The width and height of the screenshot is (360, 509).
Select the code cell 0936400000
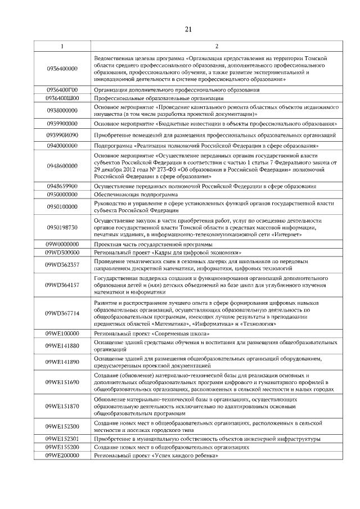tap(62, 69)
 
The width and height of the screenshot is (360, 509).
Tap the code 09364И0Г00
tap(62, 89)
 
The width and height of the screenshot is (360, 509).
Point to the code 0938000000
tap(62, 110)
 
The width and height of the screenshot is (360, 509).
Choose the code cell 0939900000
tap(62, 123)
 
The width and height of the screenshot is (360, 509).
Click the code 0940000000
tap(62, 146)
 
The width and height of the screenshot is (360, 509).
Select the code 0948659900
tap(62, 186)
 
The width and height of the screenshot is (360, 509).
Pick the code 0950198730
tap(62, 227)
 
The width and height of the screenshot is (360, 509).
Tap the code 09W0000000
tap(62, 245)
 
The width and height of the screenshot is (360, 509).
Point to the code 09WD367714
tap(62, 313)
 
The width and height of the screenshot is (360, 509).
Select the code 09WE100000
tap(62, 334)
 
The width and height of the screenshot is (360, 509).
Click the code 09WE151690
tap(62, 381)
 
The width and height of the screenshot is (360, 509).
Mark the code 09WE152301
tap(62, 438)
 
